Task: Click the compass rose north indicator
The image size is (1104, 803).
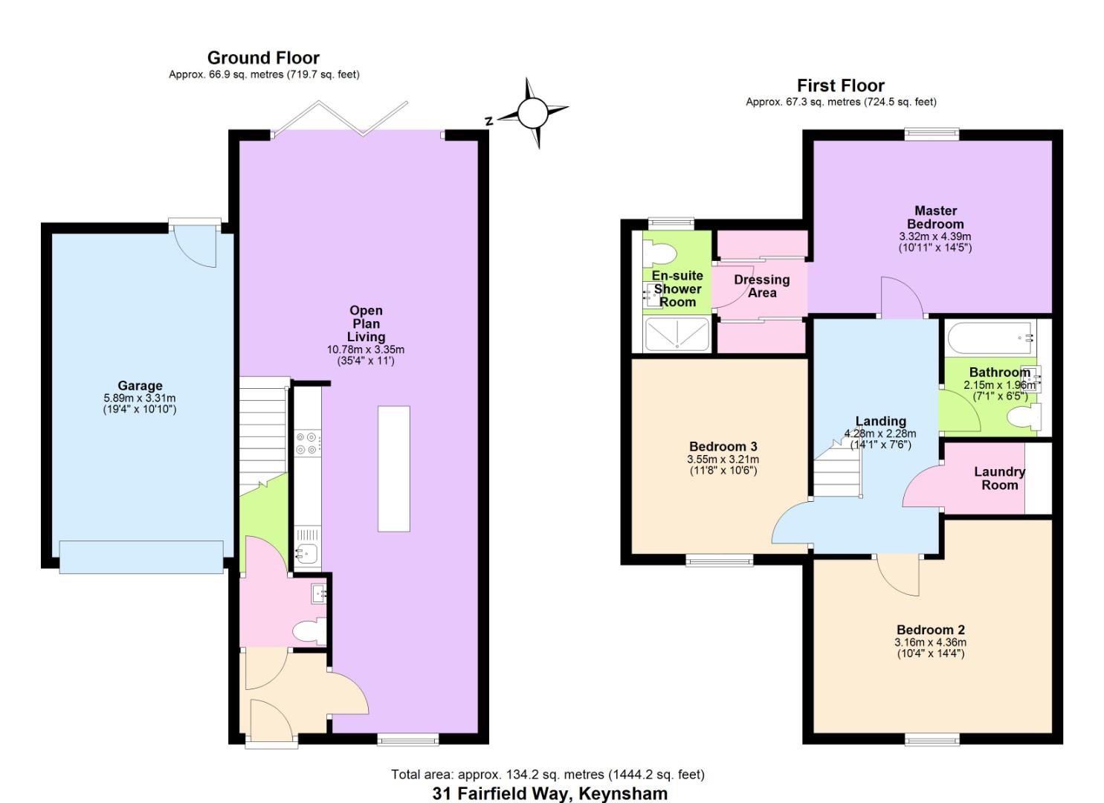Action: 532,114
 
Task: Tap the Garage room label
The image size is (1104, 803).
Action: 140,385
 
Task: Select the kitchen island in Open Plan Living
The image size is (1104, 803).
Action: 393,468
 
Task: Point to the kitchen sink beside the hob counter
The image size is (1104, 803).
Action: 306,553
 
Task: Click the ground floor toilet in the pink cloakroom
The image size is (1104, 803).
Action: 308,633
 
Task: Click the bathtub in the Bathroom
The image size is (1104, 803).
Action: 990,338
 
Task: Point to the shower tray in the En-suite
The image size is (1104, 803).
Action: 677,334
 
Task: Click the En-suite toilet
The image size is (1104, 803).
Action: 658,254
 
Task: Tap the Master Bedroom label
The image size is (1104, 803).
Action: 935,217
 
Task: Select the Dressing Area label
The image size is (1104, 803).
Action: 761,286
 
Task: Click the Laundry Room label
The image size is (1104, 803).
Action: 999,478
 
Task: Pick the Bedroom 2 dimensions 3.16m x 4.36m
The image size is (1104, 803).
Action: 930,642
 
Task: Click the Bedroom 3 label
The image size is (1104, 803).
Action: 723,446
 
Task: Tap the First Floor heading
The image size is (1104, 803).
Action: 840,86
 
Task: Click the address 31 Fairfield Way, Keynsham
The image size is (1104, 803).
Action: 549,793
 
